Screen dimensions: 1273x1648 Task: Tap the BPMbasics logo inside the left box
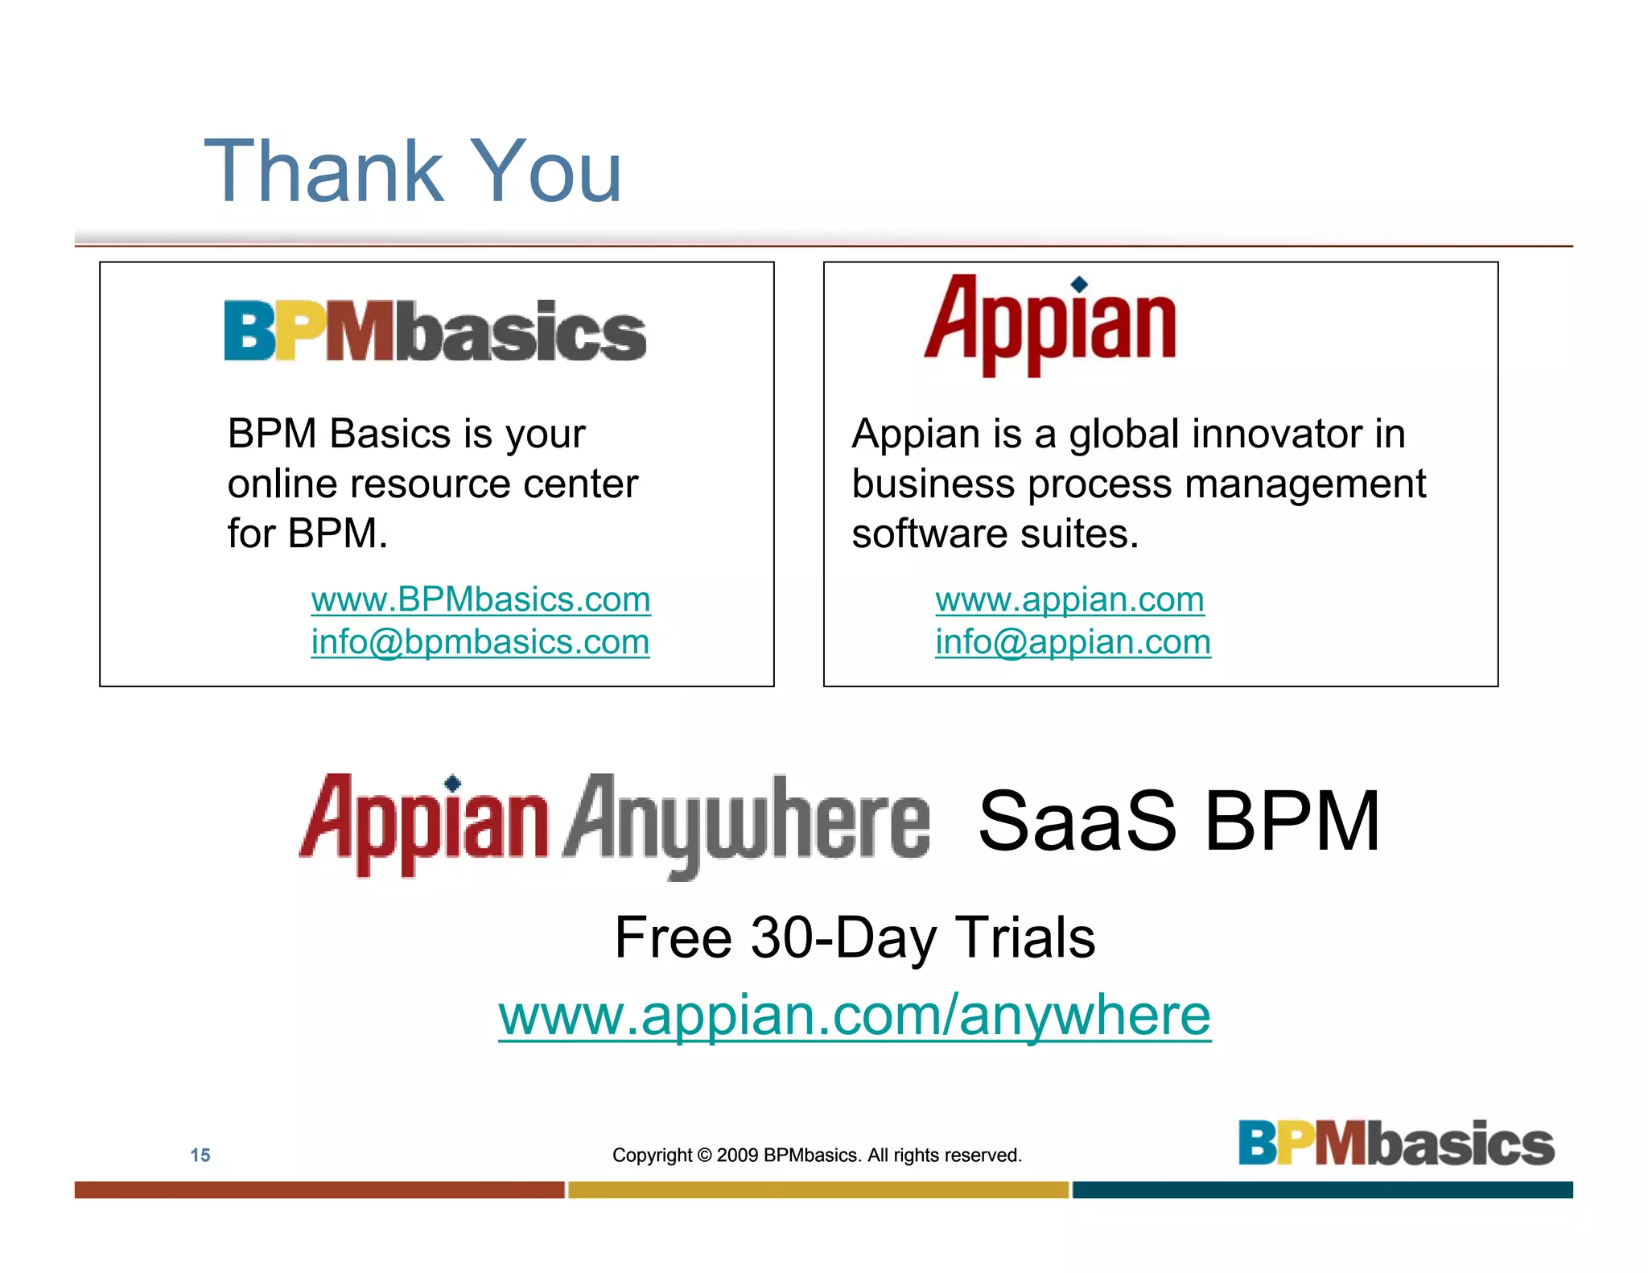(435, 331)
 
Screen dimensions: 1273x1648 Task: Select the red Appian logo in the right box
(1050, 326)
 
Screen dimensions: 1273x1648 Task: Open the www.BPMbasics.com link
(480, 599)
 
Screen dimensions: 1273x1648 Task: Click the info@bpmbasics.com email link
(480, 642)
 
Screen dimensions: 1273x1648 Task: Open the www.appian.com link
(1069, 599)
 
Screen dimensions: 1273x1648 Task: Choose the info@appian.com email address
(1073, 642)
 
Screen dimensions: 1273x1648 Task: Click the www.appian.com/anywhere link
(854, 1015)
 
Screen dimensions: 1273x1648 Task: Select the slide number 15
(200, 1156)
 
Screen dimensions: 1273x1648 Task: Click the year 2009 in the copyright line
(737, 1156)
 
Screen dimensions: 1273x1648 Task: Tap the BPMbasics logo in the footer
(1396, 1143)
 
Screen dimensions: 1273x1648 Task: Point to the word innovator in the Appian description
(1275, 435)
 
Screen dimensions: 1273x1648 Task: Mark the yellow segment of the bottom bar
(818, 1190)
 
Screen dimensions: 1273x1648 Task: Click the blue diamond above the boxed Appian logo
(1080, 283)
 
